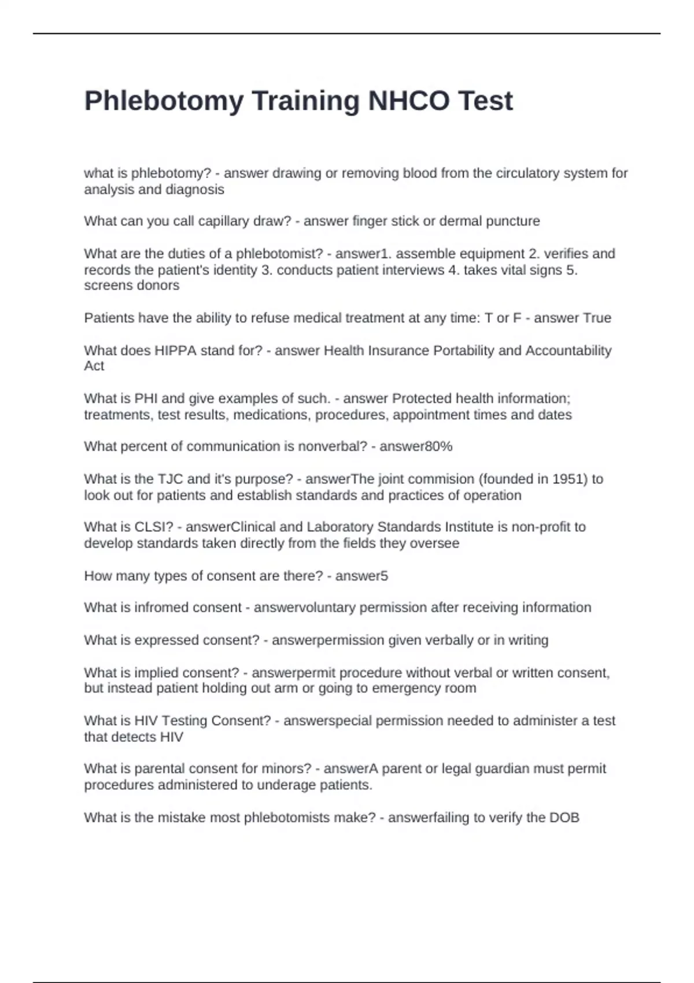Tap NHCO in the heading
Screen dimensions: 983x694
(409, 101)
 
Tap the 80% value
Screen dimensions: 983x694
(438, 447)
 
